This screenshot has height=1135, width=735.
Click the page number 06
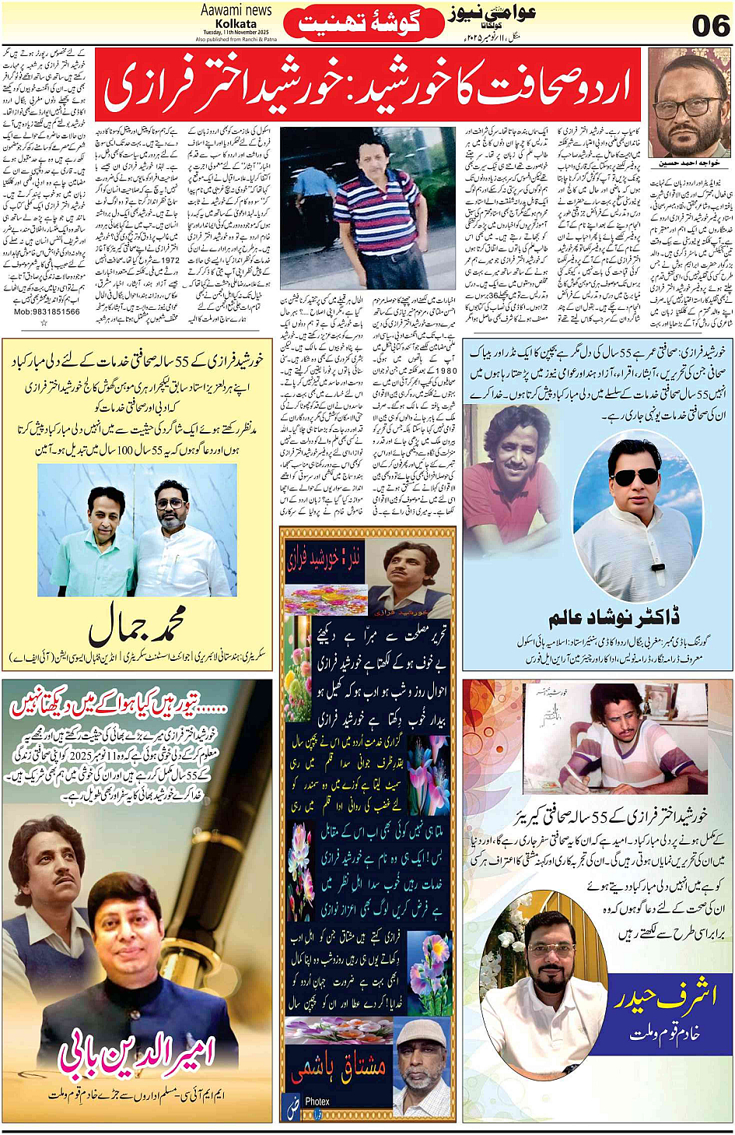(x=710, y=25)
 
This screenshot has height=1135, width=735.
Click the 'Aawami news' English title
(x=236, y=10)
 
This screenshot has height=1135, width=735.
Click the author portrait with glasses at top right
(x=688, y=106)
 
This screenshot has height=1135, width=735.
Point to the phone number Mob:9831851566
(x=47, y=311)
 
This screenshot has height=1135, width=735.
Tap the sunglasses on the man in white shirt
(x=633, y=476)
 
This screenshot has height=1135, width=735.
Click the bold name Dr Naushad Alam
(x=614, y=618)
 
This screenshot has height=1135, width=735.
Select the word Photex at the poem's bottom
(x=317, y=1101)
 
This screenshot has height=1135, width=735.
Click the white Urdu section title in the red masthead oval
(x=359, y=24)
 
